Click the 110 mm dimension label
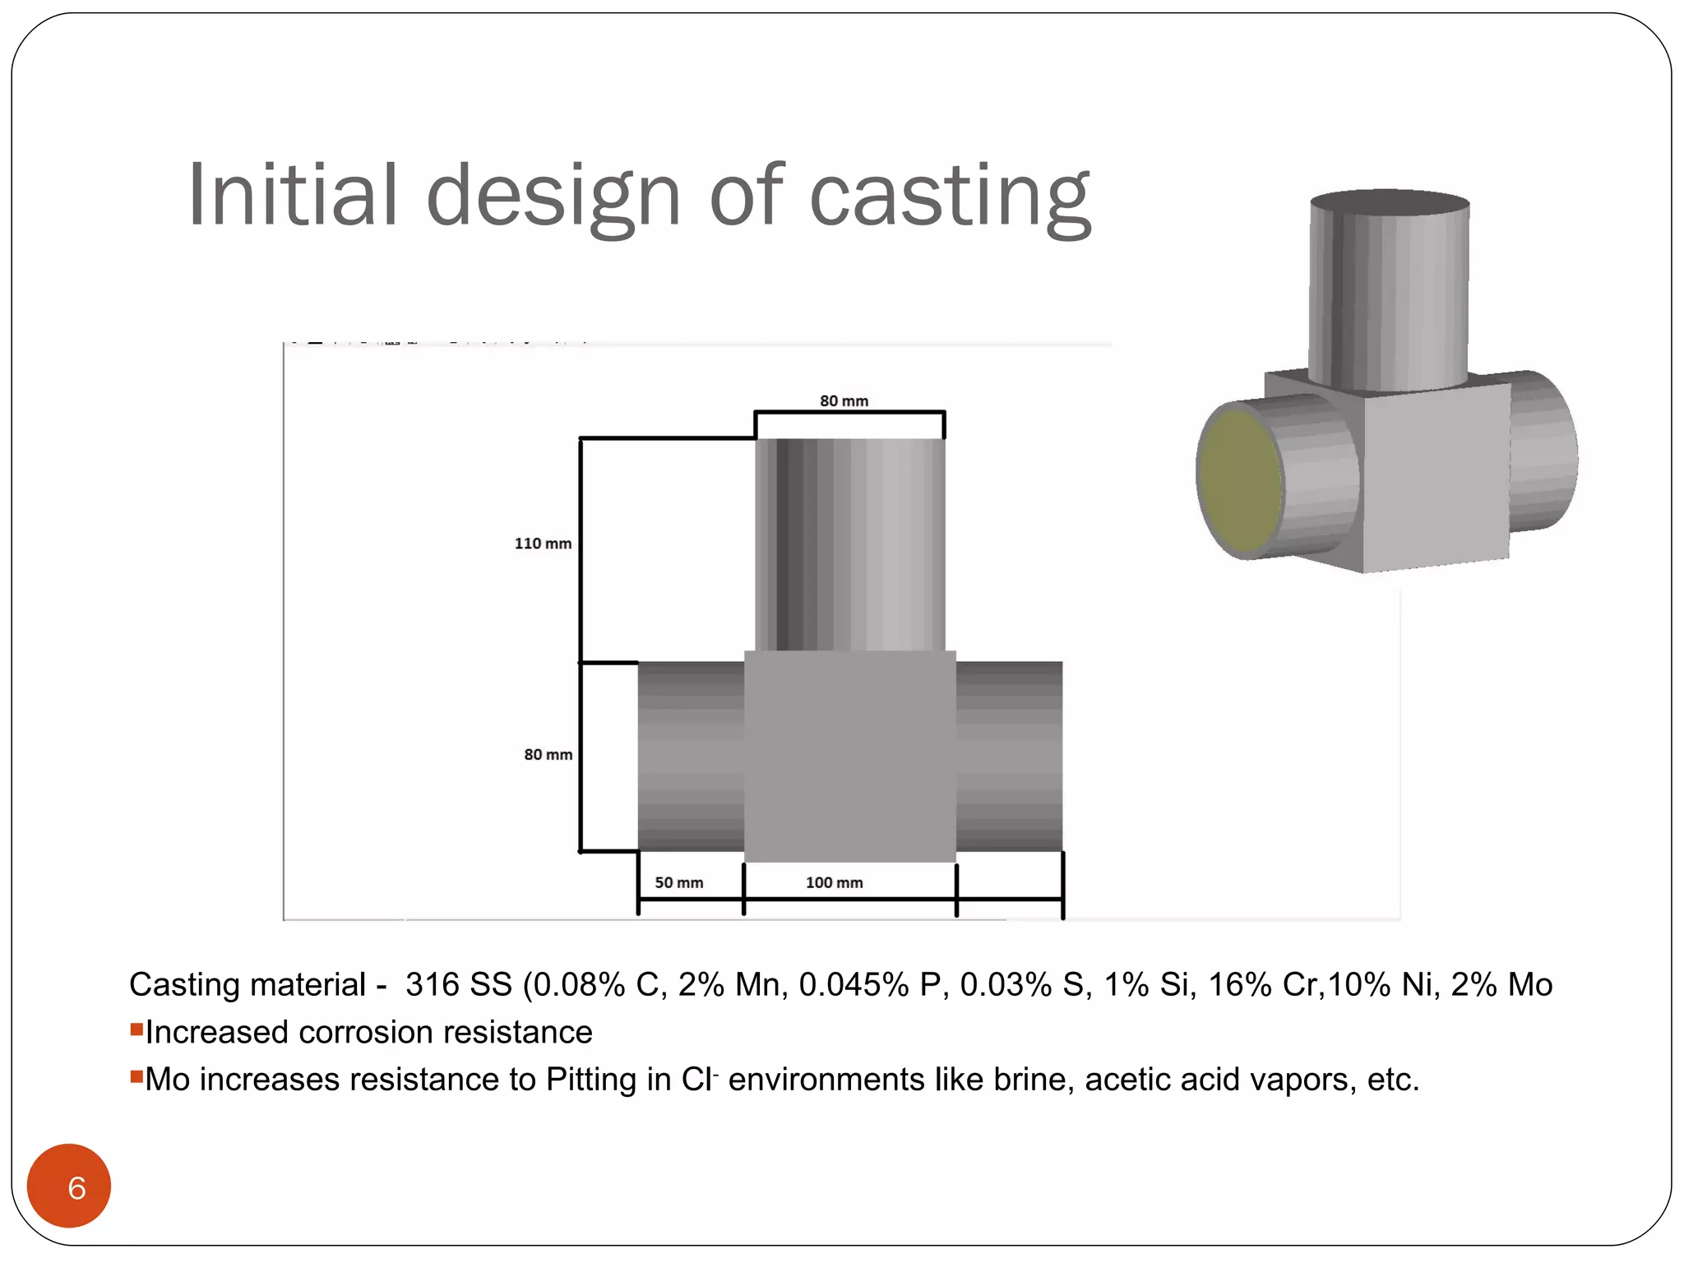(543, 544)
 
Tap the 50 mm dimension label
(678, 882)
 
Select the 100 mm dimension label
(834, 882)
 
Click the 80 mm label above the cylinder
(844, 401)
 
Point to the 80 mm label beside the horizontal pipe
(548, 755)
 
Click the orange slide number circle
(69, 1186)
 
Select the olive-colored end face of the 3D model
(1239, 481)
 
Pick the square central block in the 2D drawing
(850, 756)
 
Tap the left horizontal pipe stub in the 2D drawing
(691, 756)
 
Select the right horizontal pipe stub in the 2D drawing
(1009, 756)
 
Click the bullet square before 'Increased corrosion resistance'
(136, 1029)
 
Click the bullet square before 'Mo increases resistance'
(136, 1076)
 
